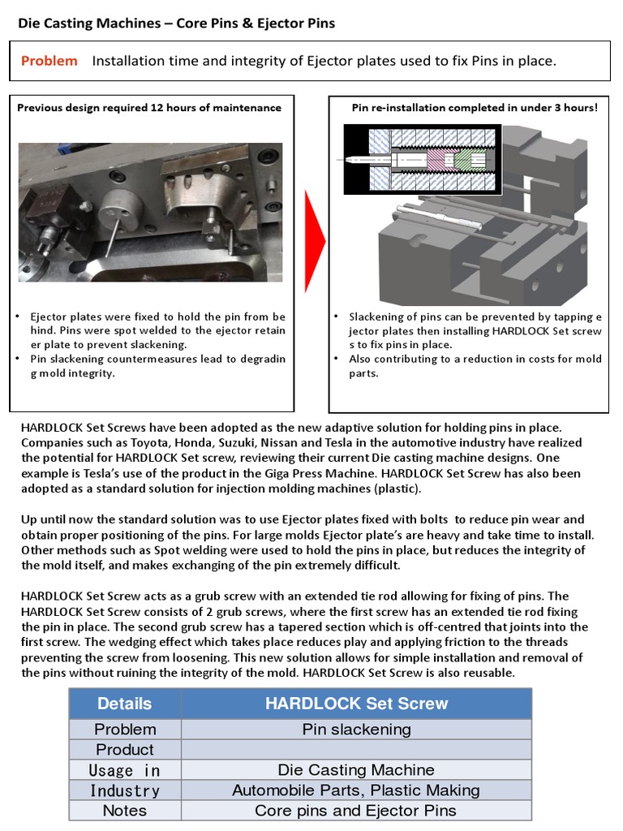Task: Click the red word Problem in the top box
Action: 49,61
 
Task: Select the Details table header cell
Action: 124,704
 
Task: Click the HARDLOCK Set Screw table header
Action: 356,704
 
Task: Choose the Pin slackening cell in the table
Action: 356,730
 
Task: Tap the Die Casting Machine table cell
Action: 356,770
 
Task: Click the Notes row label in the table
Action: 124,811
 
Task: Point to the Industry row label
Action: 124,790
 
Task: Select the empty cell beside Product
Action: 356,750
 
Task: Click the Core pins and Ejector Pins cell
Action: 356,811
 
